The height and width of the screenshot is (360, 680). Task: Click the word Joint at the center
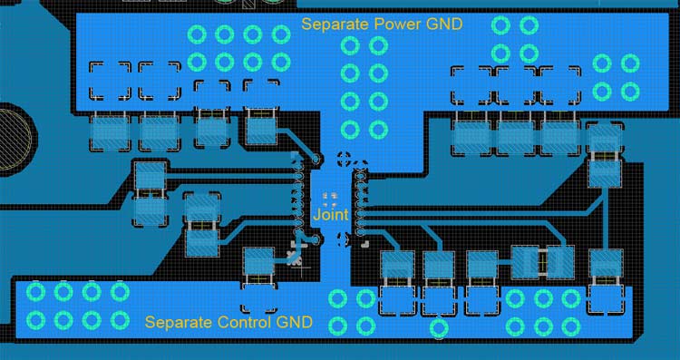click(329, 216)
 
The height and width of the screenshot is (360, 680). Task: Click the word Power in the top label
click(396, 24)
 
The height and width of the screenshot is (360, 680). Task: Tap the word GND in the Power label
click(444, 24)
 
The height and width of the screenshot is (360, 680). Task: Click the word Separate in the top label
click(335, 24)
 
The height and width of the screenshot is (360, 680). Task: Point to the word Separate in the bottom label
click(180, 322)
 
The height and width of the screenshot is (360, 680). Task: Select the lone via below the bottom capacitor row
click(439, 327)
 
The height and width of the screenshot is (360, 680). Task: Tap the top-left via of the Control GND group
click(36, 291)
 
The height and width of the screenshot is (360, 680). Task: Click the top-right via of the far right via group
click(629, 63)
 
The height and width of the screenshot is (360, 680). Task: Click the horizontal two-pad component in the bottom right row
click(541, 263)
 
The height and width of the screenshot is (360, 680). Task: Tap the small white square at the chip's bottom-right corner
click(363, 243)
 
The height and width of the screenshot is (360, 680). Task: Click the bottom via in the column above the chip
click(349, 128)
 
